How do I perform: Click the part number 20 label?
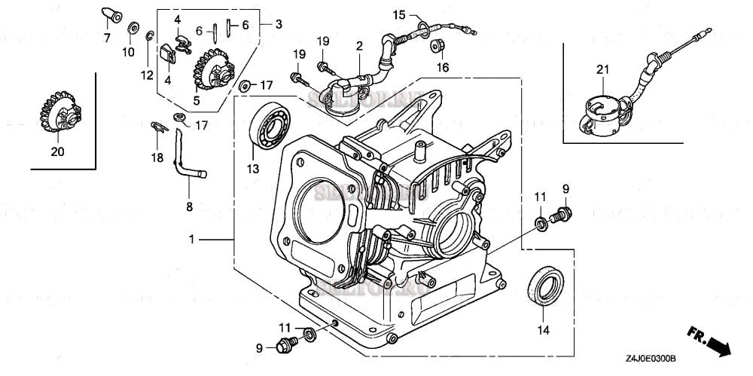pyautogui.click(x=57, y=151)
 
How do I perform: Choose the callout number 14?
pyautogui.click(x=543, y=329)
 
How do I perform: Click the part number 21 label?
pyautogui.click(x=602, y=70)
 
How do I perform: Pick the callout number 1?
pyautogui.click(x=192, y=239)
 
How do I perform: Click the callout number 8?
pyautogui.click(x=189, y=206)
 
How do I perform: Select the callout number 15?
pyautogui.click(x=398, y=15)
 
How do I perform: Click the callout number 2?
pyautogui.click(x=360, y=46)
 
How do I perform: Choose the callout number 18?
pyautogui.click(x=157, y=157)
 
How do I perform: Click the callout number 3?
pyautogui.click(x=279, y=24)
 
